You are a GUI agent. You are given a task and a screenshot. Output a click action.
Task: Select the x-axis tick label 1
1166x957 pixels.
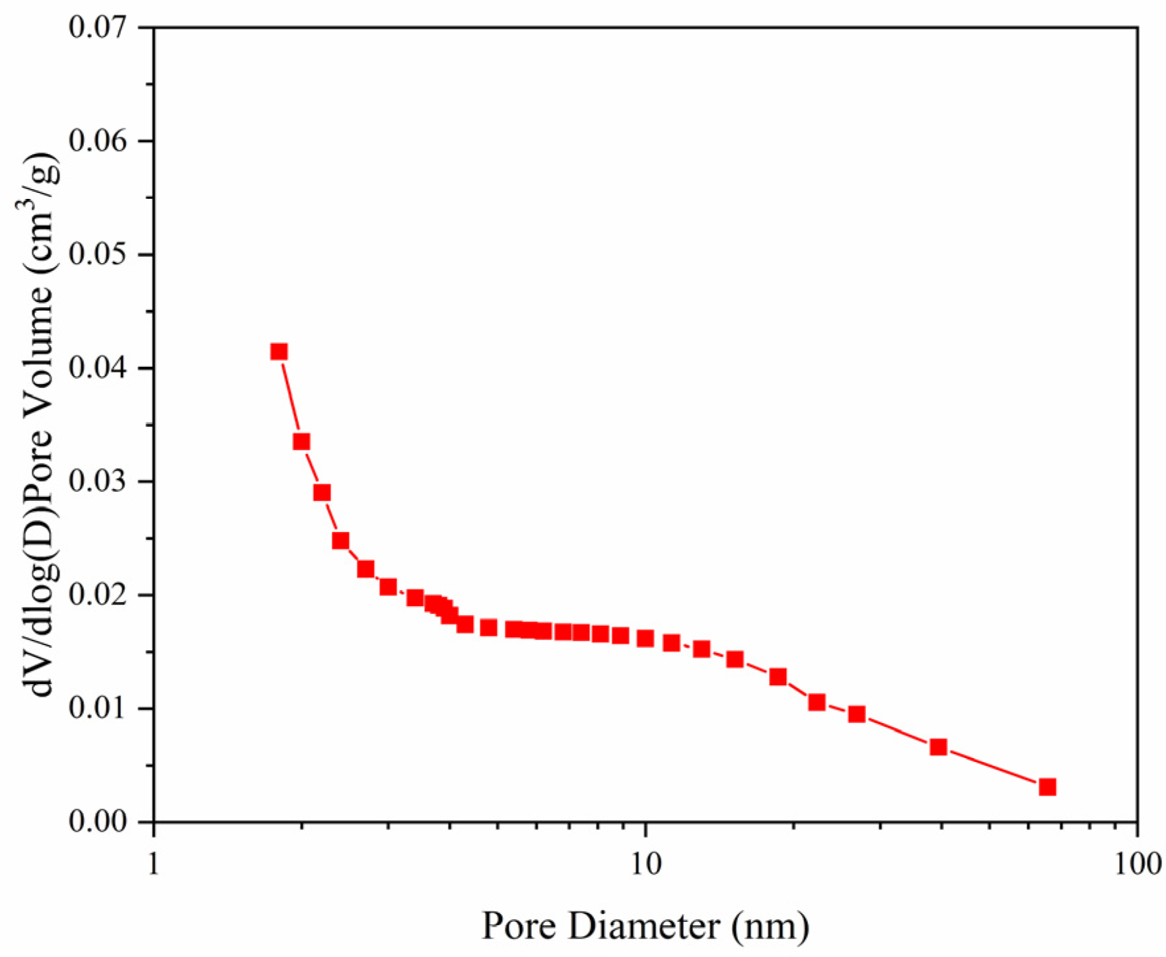coord(154,863)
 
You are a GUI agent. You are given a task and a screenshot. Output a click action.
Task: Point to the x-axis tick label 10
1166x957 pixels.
coord(645,863)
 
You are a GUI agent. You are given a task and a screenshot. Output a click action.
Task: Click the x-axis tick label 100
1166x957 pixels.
coord(1137,863)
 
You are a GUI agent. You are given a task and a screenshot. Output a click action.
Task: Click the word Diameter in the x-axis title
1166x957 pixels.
coord(643,927)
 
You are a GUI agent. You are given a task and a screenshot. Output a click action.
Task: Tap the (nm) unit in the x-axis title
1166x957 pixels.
coord(770,927)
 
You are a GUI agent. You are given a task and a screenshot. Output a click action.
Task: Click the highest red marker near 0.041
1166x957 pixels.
coord(279,352)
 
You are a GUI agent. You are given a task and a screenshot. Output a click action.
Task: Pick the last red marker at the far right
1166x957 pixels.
coord(1047,787)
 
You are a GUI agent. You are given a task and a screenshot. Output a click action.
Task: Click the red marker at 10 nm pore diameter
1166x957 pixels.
coord(645,638)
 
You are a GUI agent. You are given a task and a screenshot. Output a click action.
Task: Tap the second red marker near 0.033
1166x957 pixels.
coord(301,442)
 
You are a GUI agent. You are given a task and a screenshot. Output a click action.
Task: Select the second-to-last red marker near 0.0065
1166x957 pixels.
coord(938,747)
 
